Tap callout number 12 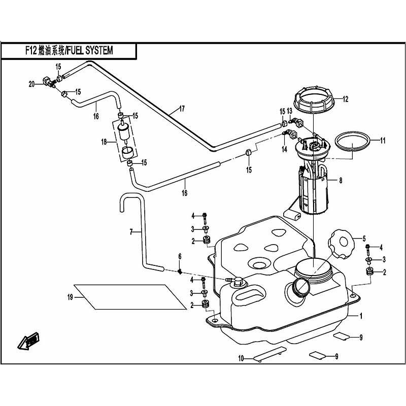[x=345, y=99]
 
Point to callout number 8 [x=341, y=180]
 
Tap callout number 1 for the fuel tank [x=361, y=316]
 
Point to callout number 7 [x=131, y=232]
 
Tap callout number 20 [x=31, y=84]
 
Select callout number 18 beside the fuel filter [x=104, y=143]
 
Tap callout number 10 [x=242, y=359]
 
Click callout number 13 [x=289, y=111]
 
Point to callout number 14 [x=285, y=149]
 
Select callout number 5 [x=363, y=238]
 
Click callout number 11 [x=383, y=140]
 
